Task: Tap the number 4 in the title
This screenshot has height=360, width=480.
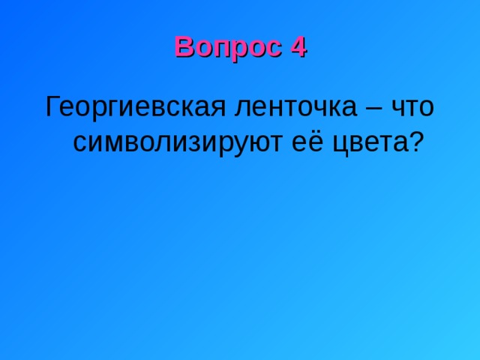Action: coord(298,47)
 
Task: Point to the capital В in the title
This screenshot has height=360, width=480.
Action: coord(182,47)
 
